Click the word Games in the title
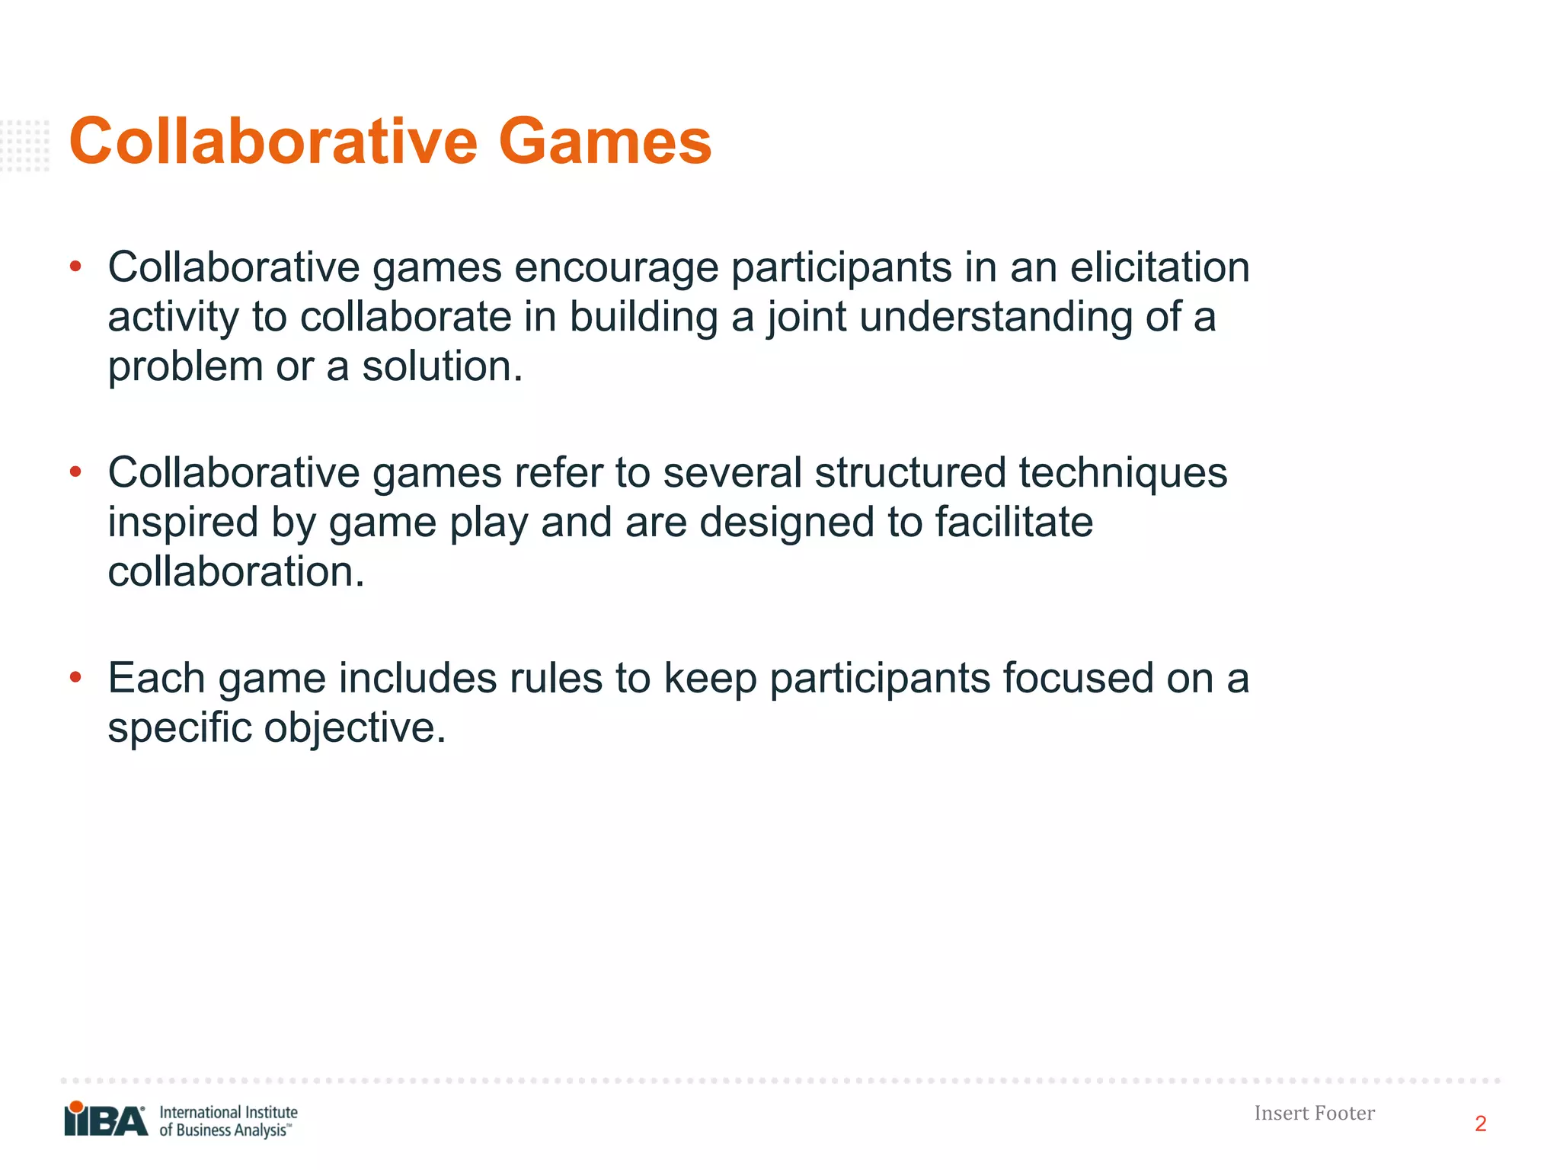(x=605, y=142)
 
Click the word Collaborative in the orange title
(x=273, y=142)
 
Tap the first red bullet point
(x=75, y=267)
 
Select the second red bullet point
(x=75, y=472)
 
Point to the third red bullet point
(x=75, y=677)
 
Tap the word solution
(x=442, y=366)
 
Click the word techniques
(x=1123, y=473)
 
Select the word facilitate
(x=1014, y=523)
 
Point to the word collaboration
(x=236, y=572)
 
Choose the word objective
(x=354, y=728)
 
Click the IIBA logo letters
(x=106, y=1121)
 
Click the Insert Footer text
(x=1314, y=1114)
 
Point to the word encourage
(x=616, y=268)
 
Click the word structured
(x=910, y=473)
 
